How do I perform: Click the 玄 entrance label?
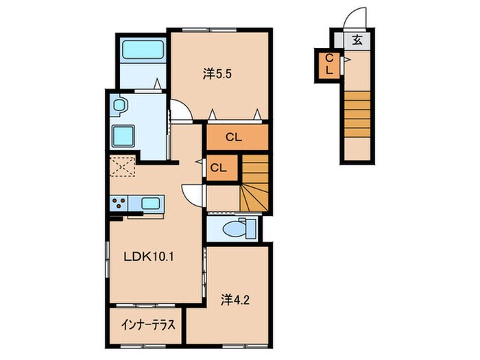pyautogui.click(x=357, y=40)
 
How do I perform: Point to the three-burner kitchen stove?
pyautogui.click(x=119, y=203)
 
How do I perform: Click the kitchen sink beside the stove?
pyautogui.click(x=149, y=203)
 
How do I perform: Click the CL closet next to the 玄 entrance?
pyautogui.click(x=329, y=64)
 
